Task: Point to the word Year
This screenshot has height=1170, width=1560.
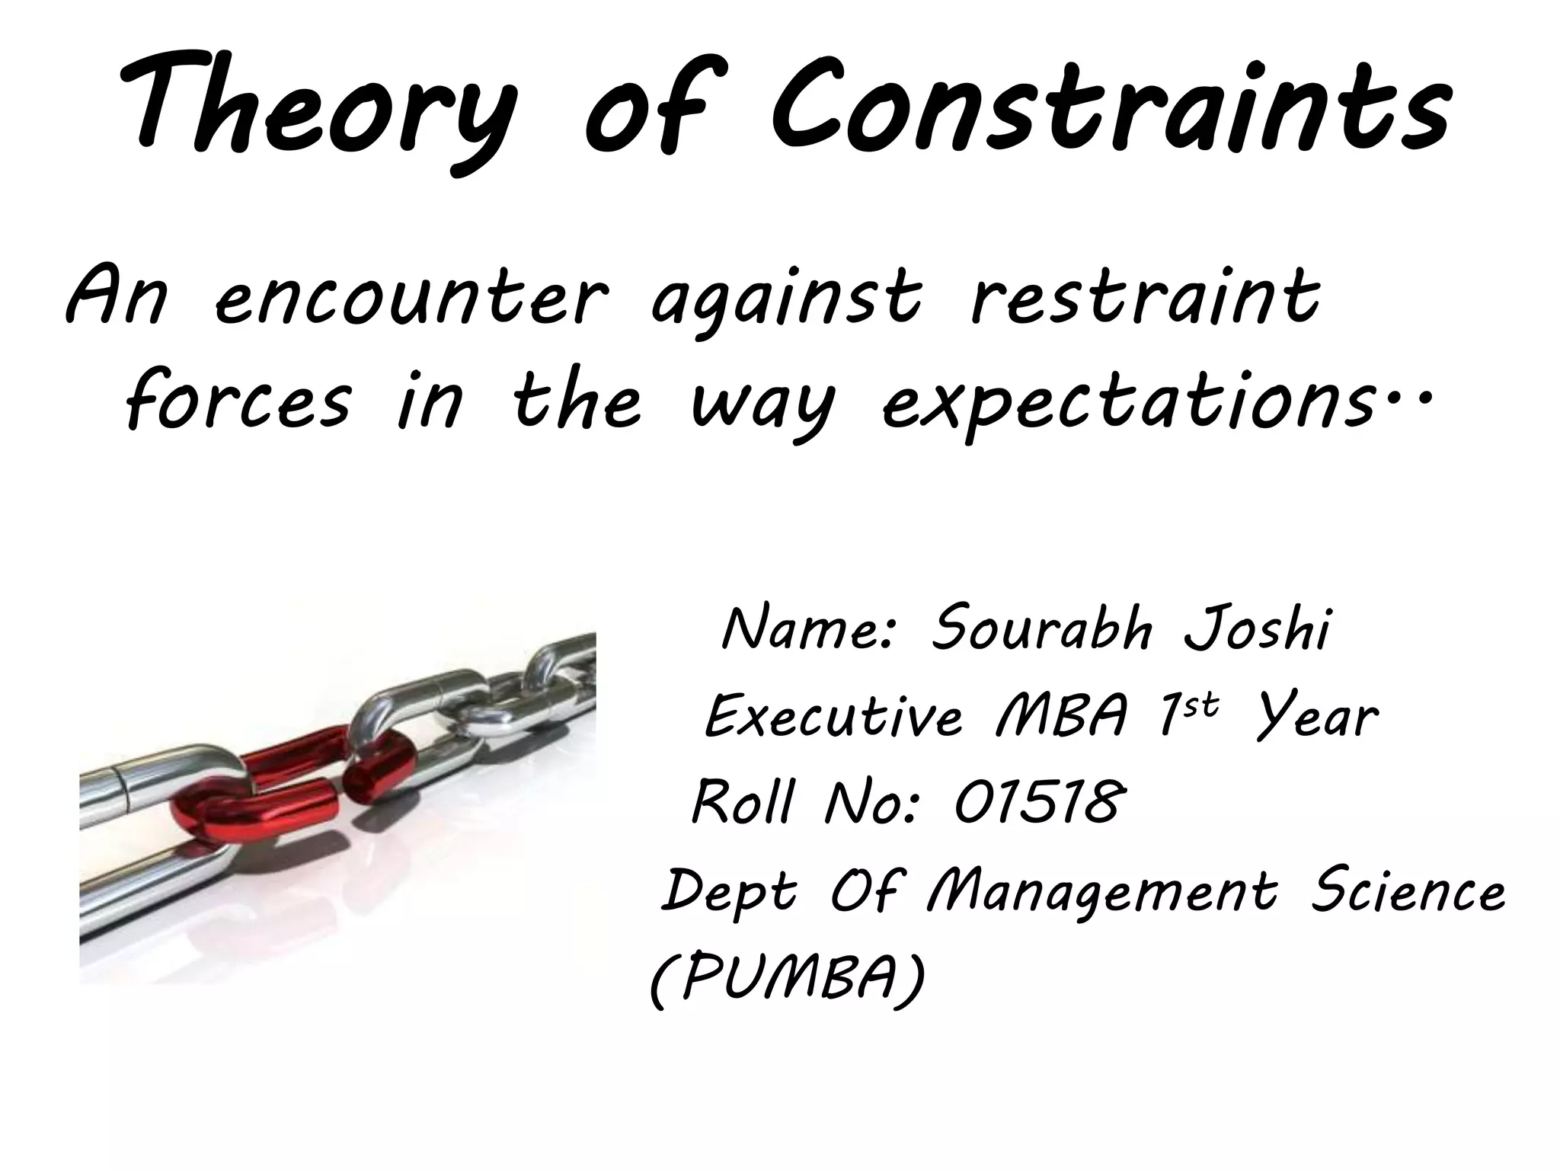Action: click(1317, 718)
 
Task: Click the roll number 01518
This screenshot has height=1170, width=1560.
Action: click(1037, 803)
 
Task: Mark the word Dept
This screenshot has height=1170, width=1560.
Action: click(728, 893)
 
